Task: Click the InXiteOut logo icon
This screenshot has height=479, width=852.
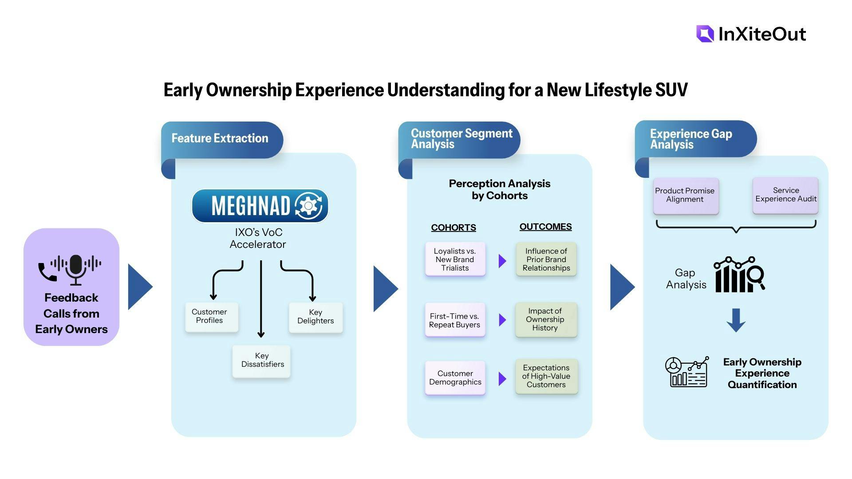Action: click(x=705, y=34)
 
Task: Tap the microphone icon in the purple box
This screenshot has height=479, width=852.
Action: click(x=76, y=269)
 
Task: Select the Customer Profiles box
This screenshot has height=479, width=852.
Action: click(x=212, y=317)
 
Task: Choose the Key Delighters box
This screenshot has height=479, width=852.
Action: click(x=316, y=317)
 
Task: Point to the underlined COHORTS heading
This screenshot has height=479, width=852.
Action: click(x=454, y=228)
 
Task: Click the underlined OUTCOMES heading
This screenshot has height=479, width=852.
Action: click(x=545, y=227)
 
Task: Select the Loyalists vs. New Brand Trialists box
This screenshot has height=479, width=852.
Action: click(x=455, y=259)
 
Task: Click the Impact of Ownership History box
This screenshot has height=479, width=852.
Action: click(x=546, y=320)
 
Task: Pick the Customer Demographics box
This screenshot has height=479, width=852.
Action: click(x=455, y=378)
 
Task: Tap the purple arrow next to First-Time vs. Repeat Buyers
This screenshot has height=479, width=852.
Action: click(x=502, y=320)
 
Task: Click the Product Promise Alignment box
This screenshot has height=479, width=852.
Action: click(x=686, y=196)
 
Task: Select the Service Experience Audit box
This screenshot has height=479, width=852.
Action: click(x=785, y=195)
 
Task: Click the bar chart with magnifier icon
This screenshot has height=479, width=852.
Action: click(x=739, y=275)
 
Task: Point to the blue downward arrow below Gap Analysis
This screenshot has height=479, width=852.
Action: click(x=736, y=320)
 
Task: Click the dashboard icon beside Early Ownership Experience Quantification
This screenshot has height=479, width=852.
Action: click(x=686, y=372)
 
